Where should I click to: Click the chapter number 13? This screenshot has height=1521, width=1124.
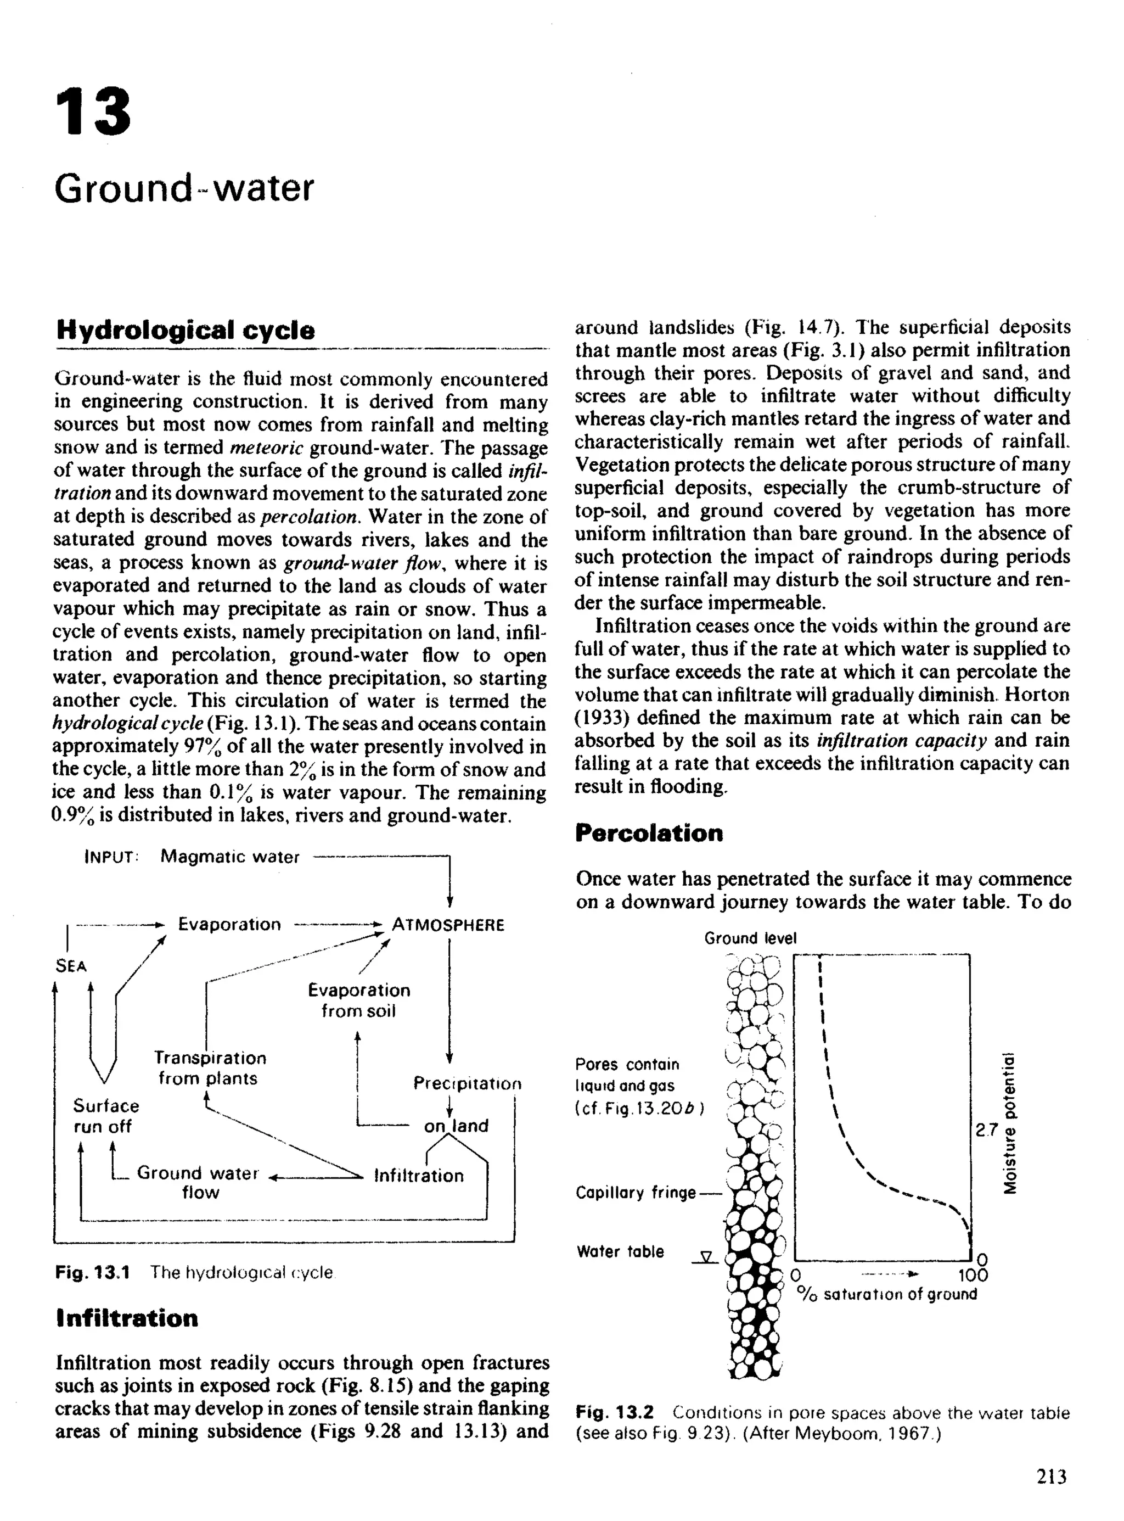(x=93, y=111)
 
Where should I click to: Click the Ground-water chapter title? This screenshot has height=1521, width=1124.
(x=184, y=188)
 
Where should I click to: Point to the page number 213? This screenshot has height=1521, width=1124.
(x=1051, y=1476)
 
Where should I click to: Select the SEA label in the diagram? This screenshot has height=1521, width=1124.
(x=71, y=966)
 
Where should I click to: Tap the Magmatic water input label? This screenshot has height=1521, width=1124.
(x=229, y=857)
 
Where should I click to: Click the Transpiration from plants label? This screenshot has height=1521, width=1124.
(x=209, y=1068)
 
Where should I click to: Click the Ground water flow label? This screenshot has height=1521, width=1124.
(x=198, y=1182)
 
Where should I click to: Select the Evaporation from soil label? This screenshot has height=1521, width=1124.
(x=358, y=1000)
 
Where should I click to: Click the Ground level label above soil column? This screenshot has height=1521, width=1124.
(x=750, y=938)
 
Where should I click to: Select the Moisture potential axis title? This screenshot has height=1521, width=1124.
(x=1010, y=1123)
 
